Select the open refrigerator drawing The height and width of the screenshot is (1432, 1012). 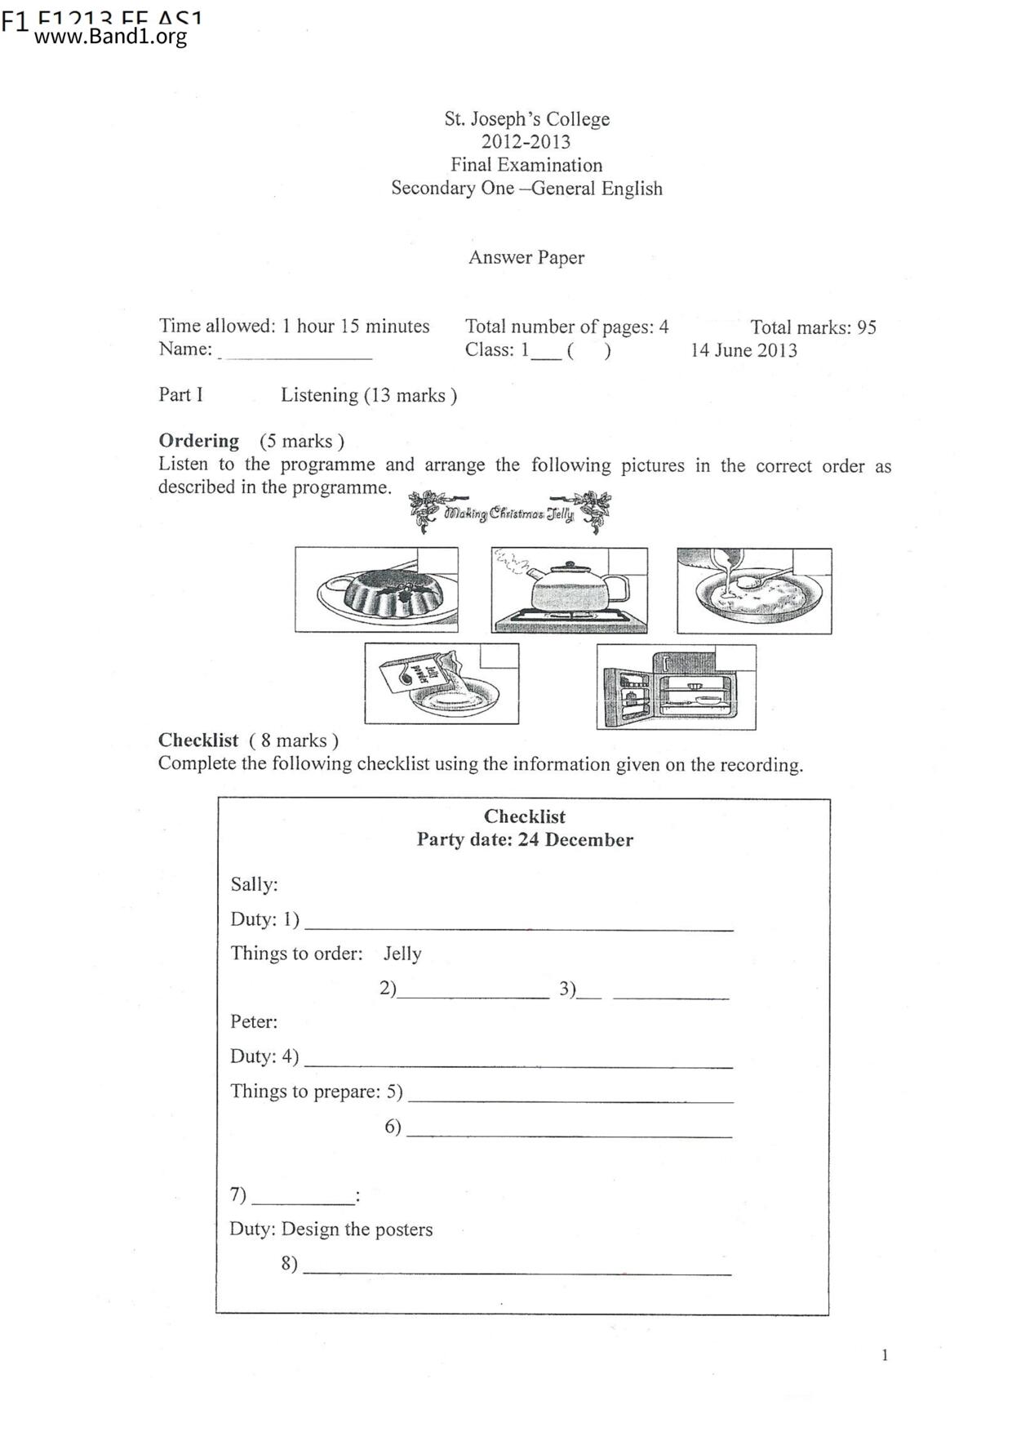point(676,687)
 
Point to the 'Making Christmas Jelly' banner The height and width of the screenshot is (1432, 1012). point(509,513)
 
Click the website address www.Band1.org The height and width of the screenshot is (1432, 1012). point(111,38)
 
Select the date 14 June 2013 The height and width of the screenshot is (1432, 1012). point(743,350)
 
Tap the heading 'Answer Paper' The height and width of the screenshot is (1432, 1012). point(526,257)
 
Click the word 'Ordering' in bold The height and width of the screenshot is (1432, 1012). point(198,441)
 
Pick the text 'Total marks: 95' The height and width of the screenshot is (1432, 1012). point(813,327)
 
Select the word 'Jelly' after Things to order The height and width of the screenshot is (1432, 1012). point(402,954)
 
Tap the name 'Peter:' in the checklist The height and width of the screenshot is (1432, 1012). point(254,1021)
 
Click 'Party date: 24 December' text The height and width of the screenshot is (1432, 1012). point(525,839)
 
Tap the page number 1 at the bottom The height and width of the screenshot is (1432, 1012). point(885,1355)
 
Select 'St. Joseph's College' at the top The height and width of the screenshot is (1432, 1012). point(526,119)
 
